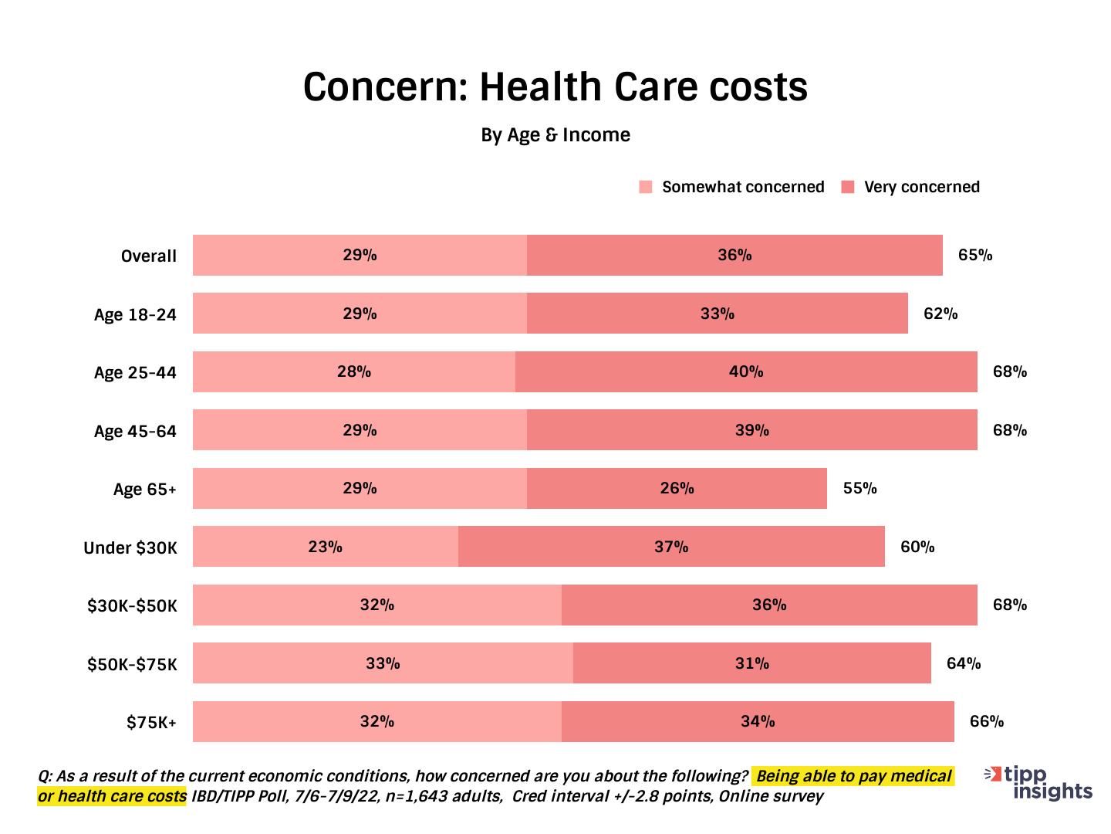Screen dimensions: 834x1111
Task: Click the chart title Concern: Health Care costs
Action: point(555,86)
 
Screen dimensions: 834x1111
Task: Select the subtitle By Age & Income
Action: point(555,135)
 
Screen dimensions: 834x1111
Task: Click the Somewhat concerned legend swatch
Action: point(646,187)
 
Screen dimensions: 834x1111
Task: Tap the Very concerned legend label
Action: point(921,187)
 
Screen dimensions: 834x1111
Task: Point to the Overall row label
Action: point(148,256)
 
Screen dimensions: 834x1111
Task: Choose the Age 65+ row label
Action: point(144,490)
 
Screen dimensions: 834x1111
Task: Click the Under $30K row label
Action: point(130,548)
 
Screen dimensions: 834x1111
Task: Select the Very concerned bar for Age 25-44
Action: point(746,372)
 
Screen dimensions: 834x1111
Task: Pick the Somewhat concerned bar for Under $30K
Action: point(325,547)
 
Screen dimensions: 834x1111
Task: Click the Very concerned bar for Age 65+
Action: point(677,489)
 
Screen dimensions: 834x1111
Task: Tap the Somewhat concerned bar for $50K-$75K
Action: point(383,663)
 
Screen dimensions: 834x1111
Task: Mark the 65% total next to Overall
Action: point(975,256)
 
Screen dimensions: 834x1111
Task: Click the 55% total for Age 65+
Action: point(859,489)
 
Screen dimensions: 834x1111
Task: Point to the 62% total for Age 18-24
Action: point(940,314)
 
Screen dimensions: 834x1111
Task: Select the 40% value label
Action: point(746,372)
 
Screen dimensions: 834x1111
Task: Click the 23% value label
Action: point(325,547)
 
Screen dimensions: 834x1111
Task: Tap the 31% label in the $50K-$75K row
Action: point(751,663)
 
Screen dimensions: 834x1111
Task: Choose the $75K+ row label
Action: point(151,723)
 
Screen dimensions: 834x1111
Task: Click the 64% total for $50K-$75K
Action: point(964,663)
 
